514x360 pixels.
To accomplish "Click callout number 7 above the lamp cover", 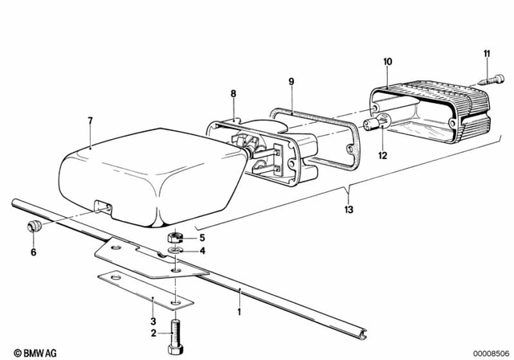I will click(x=90, y=121).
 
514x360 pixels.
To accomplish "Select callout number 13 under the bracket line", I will click(x=347, y=211).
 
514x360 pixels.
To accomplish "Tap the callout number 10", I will click(x=388, y=62).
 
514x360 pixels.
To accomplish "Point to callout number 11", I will click(x=487, y=54).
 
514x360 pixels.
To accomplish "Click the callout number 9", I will click(x=292, y=81).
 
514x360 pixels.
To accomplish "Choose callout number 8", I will click(x=234, y=94).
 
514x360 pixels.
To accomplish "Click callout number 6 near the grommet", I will click(x=33, y=252).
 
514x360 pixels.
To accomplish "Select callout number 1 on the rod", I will click(x=238, y=308).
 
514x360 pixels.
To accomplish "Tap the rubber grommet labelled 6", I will click(x=33, y=227).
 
